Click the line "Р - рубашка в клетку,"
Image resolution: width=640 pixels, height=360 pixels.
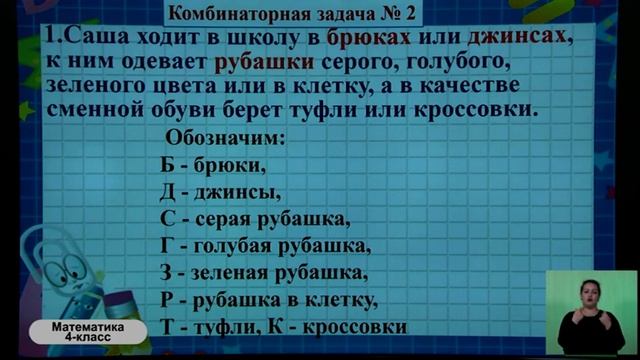click(x=267, y=300)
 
